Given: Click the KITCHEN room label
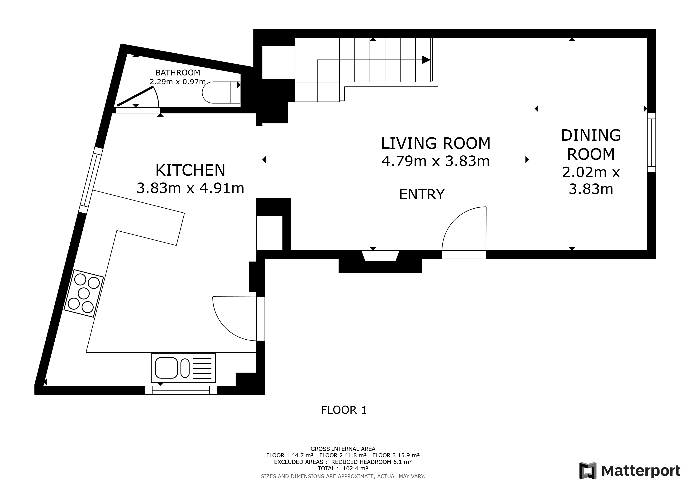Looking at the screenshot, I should click(190, 170).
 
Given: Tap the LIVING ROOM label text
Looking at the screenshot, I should click(435, 143).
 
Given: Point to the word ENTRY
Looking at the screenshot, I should click(422, 195).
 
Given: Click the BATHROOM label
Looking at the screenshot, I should click(177, 72).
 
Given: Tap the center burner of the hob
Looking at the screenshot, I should click(83, 293).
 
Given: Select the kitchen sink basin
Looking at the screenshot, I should click(166, 368).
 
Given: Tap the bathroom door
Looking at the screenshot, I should click(135, 96).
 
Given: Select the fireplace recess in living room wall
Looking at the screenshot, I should click(380, 256).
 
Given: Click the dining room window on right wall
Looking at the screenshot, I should click(651, 142).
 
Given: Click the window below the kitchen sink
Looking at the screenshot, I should click(181, 390).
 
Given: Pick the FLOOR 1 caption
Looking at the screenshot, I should click(344, 410).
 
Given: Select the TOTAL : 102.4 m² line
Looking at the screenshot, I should click(343, 468).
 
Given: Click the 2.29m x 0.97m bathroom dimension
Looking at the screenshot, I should click(177, 81).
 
